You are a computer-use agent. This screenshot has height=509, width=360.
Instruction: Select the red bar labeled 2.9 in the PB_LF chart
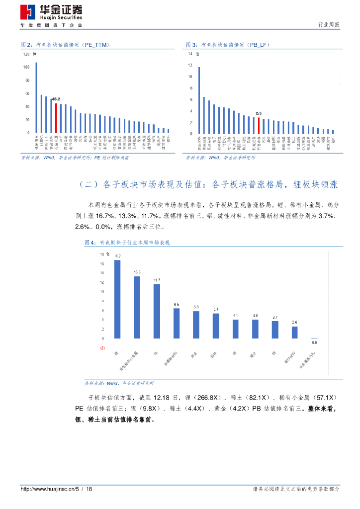(259, 125)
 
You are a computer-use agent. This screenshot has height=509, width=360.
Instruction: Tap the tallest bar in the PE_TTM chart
(36, 98)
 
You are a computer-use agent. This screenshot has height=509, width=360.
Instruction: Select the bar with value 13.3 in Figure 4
(137, 307)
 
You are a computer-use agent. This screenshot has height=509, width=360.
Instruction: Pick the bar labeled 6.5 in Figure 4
(177, 323)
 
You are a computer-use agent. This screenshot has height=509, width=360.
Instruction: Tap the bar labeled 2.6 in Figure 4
(294, 332)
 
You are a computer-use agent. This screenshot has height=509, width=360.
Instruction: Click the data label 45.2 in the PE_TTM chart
(56, 99)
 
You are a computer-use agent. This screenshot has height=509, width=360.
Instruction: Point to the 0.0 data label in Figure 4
(314, 342)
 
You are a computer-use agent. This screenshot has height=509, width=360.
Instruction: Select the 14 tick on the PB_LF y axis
(190, 54)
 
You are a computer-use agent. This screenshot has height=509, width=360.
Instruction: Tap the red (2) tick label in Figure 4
(102, 348)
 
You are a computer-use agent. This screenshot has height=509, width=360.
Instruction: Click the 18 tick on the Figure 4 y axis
(102, 254)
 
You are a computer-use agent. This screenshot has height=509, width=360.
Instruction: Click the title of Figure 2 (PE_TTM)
(65, 45)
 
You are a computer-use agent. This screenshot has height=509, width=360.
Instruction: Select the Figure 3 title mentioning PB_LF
(228, 45)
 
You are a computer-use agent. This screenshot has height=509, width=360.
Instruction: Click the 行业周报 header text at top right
(328, 25)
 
